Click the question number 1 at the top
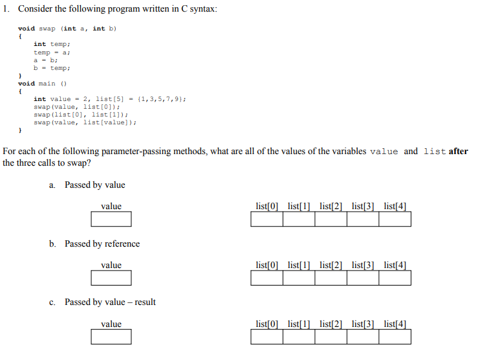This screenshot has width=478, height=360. (x=5, y=9)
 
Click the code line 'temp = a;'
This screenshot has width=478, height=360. (x=52, y=52)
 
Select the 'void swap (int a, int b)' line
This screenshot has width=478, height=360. (x=67, y=28)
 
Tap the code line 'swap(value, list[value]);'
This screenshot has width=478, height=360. (x=85, y=122)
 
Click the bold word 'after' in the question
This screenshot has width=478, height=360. (x=457, y=152)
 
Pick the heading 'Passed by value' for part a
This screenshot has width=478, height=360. (x=94, y=185)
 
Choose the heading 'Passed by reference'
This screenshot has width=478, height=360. (x=102, y=244)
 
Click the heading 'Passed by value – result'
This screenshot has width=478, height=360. (x=109, y=302)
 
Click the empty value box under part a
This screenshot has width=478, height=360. (x=111, y=219)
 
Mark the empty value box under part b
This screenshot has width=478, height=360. (x=111, y=278)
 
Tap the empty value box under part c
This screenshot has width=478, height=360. (x=111, y=337)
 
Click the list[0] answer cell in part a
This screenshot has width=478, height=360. (x=266, y=219)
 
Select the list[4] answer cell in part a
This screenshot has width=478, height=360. (x=395, y=219)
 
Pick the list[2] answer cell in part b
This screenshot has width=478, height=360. (x=331, y=278)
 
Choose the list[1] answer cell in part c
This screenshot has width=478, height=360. (x=298, y=337)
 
